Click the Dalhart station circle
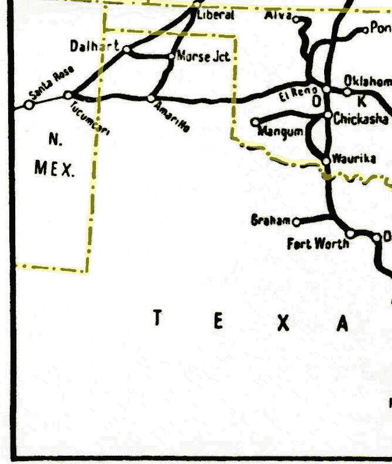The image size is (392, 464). coord(126,49)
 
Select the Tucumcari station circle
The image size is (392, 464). coord(68,95)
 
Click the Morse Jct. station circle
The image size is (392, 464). coord(171,56)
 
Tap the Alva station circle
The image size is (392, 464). coord(295,19)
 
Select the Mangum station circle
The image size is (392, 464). coord(255,122)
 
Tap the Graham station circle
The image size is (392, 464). coord(295,222)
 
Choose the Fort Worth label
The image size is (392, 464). coord(317,243)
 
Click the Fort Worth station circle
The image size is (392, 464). coord(350,233)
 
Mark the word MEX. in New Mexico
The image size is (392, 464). coord(54,169)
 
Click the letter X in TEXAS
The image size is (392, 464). coord(283,322)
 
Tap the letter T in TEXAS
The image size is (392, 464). coord(157,318)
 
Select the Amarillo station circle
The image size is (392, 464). coord(151,98)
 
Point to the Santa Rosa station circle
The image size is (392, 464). coord(29,105)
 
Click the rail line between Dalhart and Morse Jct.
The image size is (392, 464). coord(150,55)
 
